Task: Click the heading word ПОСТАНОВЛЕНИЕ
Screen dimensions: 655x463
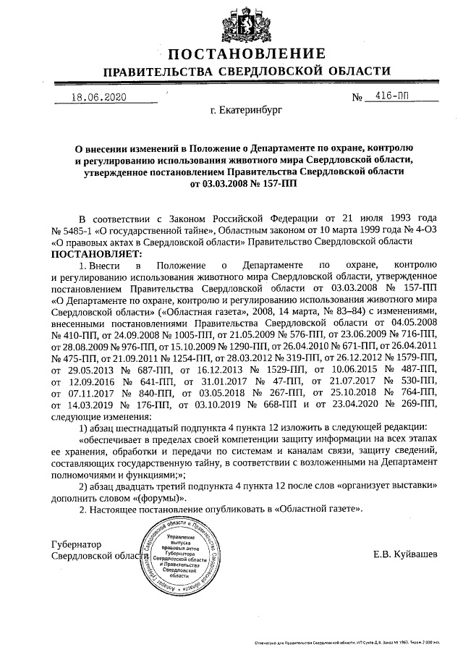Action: coord(247,54)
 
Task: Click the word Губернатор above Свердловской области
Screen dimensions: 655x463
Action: coord(77,544)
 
